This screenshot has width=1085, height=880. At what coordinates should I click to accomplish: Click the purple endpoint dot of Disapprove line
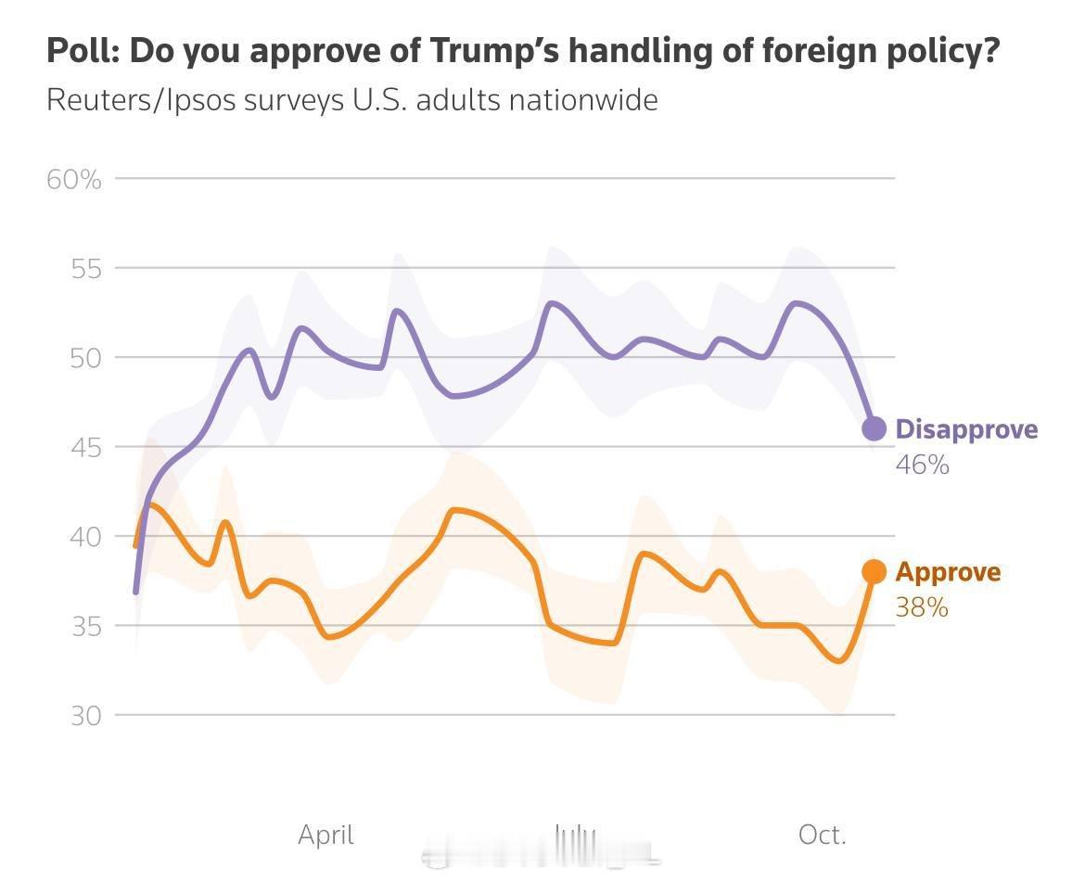coord(874,428)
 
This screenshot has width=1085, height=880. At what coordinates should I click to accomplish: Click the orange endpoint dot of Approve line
coord(874,572)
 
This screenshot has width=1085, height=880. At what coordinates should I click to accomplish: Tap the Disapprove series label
coord(966,429)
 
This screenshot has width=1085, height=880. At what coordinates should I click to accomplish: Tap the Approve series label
coord(948,572)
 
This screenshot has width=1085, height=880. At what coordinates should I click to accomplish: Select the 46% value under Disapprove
coord(922,465)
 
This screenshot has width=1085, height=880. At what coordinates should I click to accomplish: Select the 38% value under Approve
coord(922,607)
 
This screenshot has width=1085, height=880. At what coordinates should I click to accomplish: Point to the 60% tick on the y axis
coord(74,179)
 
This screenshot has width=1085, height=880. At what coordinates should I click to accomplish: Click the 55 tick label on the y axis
coord(85,269)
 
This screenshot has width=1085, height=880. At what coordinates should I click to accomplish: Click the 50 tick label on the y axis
coord(85,358)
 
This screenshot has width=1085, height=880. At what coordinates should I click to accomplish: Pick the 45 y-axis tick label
coord(85,448)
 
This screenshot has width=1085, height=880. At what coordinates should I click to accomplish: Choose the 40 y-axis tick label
coord(85,537)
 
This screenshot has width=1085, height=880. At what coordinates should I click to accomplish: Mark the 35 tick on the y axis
coord(85,627)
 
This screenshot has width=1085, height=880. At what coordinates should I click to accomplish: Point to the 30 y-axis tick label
coord(85,716)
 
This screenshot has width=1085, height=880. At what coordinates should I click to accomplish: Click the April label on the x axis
coord(325,835)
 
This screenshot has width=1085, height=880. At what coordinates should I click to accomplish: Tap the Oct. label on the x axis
coord(822,835)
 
